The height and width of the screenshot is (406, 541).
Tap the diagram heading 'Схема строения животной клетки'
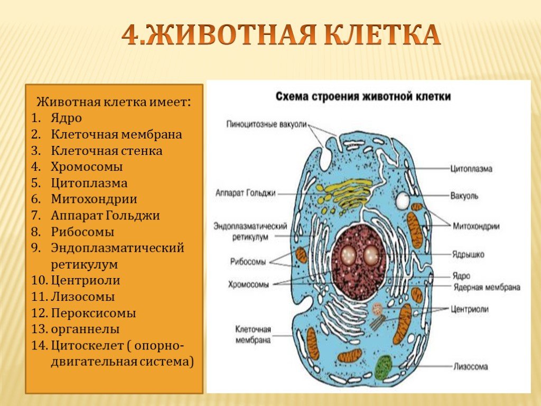tap(363, 96)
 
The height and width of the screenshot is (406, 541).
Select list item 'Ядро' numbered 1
tap(66, 118)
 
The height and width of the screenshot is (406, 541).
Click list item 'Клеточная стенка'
tap(107, 151)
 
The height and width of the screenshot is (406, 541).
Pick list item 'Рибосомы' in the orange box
tap(82, 232)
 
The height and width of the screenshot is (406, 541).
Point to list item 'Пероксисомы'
tap(94, 313)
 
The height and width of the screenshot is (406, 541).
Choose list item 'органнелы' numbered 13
tap(85, 329)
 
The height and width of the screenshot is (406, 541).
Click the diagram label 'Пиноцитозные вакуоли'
tap(266, 124)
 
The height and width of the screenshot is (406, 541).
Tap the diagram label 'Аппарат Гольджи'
tap(245, 193)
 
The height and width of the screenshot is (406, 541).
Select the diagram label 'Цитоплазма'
tap(471, 169)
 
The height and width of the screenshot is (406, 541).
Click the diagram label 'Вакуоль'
tap(464, 196)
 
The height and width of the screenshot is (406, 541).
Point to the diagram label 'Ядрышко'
tap(468, 255)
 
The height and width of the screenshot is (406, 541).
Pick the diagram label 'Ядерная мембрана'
tap(487, 287)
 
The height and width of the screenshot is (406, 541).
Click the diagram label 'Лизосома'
tap(470, 366)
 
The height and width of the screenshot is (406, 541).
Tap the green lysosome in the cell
tap(384, 368)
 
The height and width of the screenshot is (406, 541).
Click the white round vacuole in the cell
tap(403, 201)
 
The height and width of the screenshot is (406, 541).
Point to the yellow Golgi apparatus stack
tap(345, 195)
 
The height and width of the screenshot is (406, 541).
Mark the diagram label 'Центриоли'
tap(470, 309)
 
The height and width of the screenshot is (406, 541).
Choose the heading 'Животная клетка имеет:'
tap(114, 102)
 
